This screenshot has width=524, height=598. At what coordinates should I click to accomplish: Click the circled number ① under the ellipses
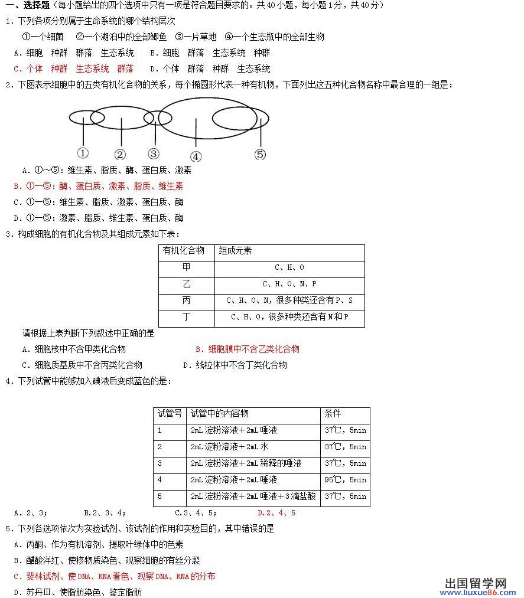pyautogui.click(x=83, y=152)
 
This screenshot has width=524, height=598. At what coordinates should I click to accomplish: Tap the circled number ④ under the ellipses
pyautogui.click(x=196, y=156)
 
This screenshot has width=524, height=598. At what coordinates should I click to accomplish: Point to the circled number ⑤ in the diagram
pyautogui.click(x=261, y=155)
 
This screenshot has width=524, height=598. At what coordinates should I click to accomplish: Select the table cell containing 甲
pyautogui.click(x=187, y=267)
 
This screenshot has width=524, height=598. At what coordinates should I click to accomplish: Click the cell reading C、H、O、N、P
pyautogui.click(x=289, y=284)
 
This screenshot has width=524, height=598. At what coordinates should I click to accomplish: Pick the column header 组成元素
pyautogui.click(x=236, y=251)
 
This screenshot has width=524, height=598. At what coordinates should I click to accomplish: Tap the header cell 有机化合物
pyautogui.click(x=184, y=251)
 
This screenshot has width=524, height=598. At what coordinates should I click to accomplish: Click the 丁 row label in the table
pyautogui.click(x=187, y=317)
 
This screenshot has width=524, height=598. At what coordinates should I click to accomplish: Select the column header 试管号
pyautogui.click(x=170, y=414)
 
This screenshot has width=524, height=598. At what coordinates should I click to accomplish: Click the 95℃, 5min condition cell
pyautogui.click(x=346, y=480)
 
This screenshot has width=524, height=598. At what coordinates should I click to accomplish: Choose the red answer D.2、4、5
pyautogui.click(x=276, y=513)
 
